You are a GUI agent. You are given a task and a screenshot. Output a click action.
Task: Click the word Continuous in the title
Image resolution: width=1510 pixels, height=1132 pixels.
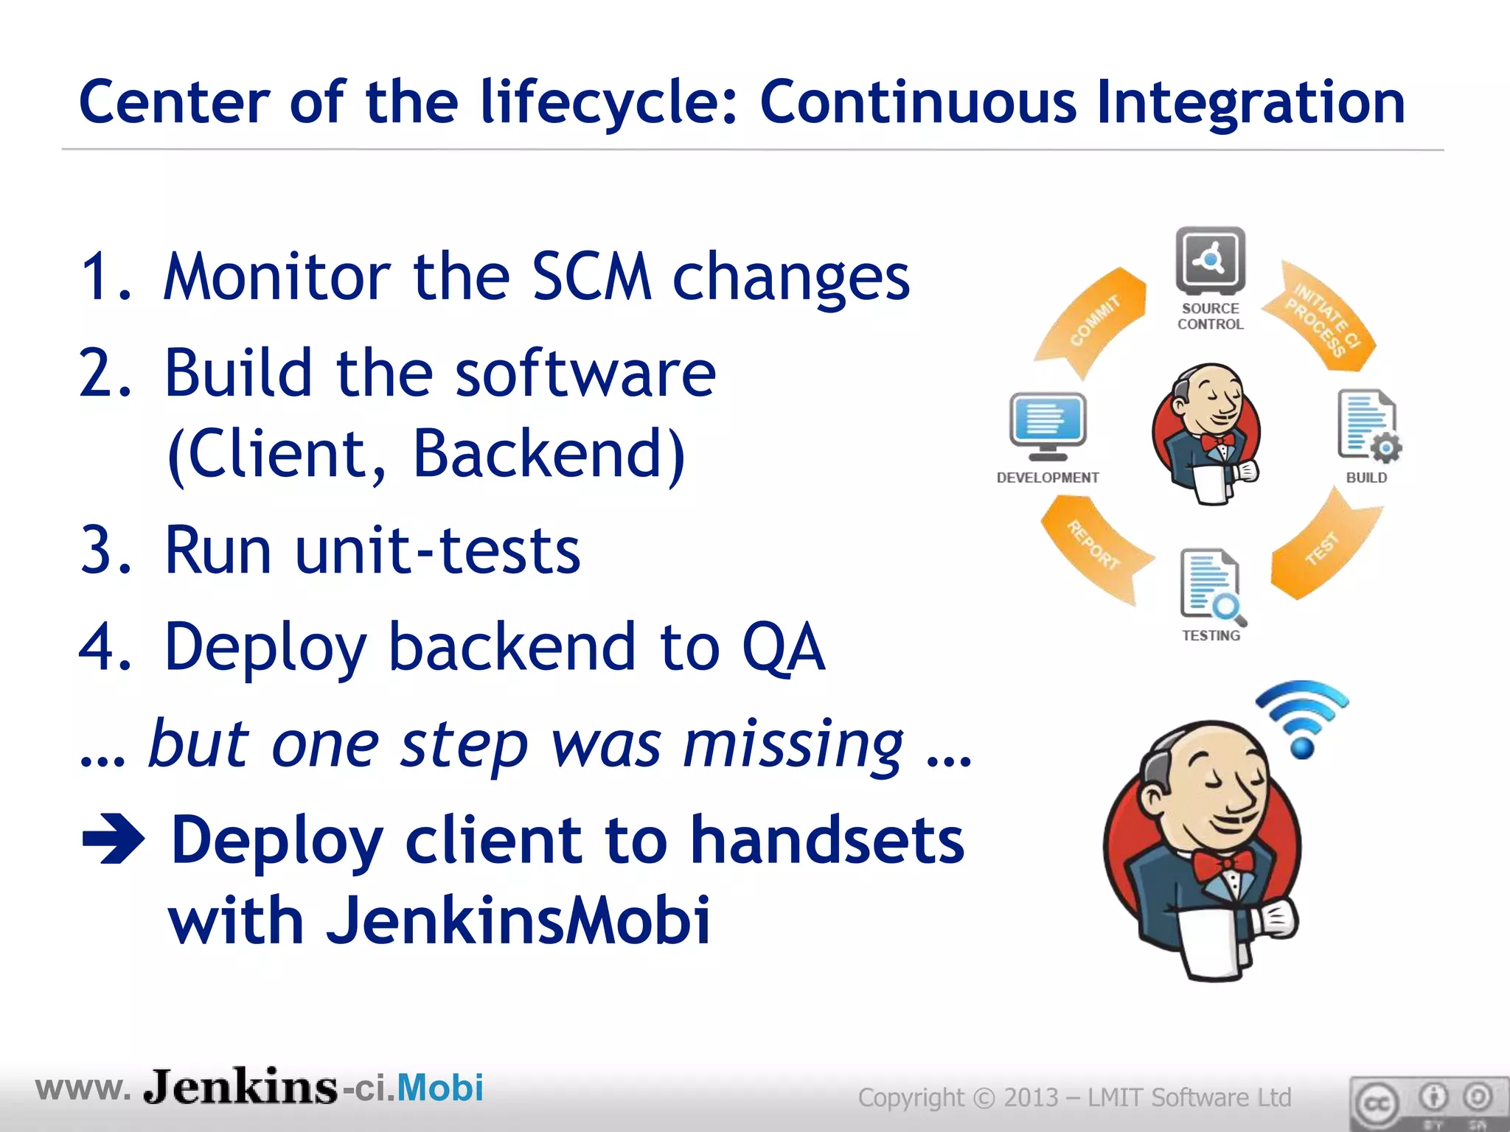[x=917, y=103]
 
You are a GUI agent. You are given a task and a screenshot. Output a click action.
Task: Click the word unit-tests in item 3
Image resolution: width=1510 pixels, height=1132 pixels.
[x=438, y=551]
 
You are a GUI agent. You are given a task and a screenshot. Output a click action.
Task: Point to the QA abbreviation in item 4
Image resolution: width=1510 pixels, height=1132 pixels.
[x=783, y=647]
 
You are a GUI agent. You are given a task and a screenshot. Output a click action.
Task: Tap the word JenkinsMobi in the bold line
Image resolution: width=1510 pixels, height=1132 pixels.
[x=518, y=920]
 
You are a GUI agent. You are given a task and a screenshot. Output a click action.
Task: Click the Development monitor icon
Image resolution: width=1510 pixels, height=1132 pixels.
[x=1047, y=426]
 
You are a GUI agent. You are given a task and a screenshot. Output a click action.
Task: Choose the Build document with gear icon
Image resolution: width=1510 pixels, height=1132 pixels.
[x=1368, y=426]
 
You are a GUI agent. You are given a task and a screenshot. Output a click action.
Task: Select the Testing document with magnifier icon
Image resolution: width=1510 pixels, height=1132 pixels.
[x=1211, y=585]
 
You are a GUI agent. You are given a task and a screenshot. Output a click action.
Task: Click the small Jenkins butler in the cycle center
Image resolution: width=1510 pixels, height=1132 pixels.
[x=1208, y=433]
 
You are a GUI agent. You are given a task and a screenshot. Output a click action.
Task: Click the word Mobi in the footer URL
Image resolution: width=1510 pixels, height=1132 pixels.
[x=440, y=1088]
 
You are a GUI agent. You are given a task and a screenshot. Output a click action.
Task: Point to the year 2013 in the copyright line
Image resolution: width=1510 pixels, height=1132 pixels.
[x=1031, y=1098]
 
